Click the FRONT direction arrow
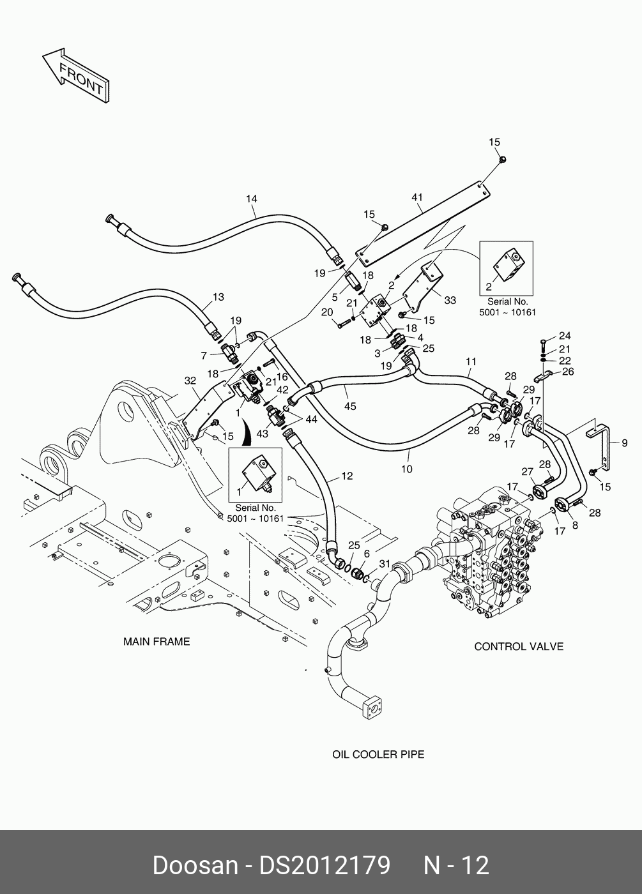[x=76, y=75]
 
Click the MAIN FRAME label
[x=157, y=642]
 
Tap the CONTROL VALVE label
[x=519, y=646]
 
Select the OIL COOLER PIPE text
[x=378, y=754]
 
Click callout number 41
[x=417, y=197]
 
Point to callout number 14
[x=252, y=199]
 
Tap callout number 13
[x=218, y=297]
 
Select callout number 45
[x=350, y=406]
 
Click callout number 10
[x=406, y=469]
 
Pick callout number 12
[x=347, y=476]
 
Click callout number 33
[x=450, y=300]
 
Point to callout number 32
[x=190, y=381]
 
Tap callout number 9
[x=625, y=443]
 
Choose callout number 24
[x=565, y=336]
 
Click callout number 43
[x=262, y=434]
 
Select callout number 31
[x=384, y=563]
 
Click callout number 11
[x=471, y=361]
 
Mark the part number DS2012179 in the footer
[x=325, y=865]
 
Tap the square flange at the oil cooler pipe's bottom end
[x=374, y=708]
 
